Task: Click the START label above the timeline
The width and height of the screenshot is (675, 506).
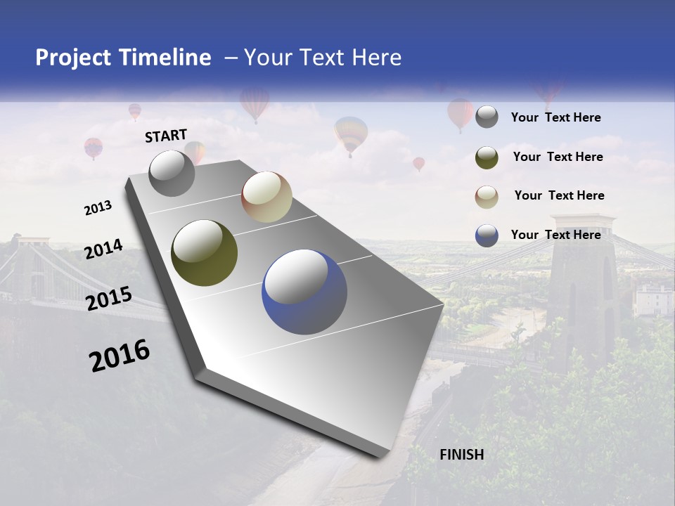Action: [x=166, y=136]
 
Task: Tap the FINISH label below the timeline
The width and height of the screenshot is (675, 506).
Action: [x=462, y=455]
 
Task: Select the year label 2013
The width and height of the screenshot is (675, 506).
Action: [x=98, y=208]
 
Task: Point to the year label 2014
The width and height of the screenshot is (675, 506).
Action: [x=103, y=249]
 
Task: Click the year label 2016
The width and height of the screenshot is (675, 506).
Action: [x=120, y=356]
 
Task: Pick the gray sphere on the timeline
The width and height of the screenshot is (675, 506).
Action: [x=172, y=174]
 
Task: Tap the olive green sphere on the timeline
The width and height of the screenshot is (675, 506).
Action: [x=204, y=253]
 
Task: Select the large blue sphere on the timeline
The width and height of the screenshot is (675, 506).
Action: [x=304, y=291]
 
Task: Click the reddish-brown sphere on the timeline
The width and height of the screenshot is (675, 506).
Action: [x=266, y=197]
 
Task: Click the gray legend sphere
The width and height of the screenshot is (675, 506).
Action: [x=487, y=117]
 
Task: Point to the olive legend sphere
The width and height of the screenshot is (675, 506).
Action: [x=487, y=157]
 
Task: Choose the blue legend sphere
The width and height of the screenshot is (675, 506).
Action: [x=487, y=235]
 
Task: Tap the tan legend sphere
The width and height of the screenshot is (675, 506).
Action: [x=487, y=197]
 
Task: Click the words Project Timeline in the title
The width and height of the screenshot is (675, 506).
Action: [x=123, y=58]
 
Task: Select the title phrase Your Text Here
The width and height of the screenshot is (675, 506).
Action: [x=322, y=58]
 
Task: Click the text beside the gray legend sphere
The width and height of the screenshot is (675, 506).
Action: [x=555, y=118]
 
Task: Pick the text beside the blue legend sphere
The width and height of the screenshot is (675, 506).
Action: [x=555, y=235]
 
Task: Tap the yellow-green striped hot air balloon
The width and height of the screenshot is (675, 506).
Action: [x=351, y=134]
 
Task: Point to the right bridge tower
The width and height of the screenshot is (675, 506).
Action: [x=582, y=281]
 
